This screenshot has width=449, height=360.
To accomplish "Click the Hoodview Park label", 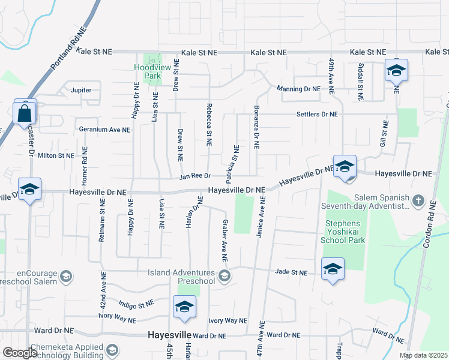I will click(x=147, y=72).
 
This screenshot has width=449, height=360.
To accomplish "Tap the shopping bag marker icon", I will click(x=25, y=112).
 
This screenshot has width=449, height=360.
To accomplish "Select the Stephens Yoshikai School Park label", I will click(x=345, y=232).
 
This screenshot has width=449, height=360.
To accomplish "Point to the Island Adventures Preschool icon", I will click(x=224, y=276).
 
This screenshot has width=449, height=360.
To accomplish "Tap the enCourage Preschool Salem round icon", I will click(x=65, y=277).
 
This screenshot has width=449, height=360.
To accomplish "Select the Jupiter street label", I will click(x=81, y=90).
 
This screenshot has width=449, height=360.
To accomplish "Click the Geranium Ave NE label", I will click(x=104, y=129).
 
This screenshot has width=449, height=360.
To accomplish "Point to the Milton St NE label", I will click(x=56, y=155).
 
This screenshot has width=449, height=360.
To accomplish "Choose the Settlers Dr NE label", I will click(x=317, y=114).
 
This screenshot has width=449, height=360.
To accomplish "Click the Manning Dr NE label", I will click(x=298, y=89).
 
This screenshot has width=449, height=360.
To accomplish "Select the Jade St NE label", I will click(x=291, y=272).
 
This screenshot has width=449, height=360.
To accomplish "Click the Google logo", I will click(x=20, y=353).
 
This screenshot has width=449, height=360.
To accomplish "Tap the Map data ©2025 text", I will click(x=424, y=355).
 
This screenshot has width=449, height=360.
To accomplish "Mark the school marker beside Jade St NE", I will click(x=333, y=269).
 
